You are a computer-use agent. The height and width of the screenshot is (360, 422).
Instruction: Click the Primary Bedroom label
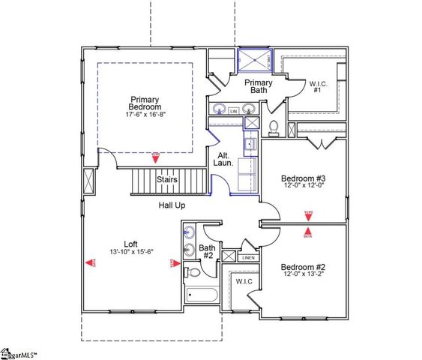click(145, 103)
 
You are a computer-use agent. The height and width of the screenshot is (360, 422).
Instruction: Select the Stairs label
click(166, 180)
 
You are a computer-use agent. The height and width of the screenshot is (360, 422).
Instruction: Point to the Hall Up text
click(172, 205)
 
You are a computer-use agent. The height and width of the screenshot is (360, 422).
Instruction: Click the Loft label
click(131, 244)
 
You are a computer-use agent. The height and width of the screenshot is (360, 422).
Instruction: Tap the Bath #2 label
click(208, 251)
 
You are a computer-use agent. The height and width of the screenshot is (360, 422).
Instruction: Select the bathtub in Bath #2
click(200, 295)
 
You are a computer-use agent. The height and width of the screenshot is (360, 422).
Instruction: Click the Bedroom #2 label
click(302, 267)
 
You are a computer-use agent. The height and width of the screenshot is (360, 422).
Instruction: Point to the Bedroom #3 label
click(303, 178)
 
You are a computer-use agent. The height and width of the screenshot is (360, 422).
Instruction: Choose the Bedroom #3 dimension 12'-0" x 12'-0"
click(303, 187)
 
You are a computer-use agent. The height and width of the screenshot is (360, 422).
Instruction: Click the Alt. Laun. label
click(224, 158)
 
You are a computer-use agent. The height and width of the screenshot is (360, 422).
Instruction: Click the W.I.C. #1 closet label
click(316, 87)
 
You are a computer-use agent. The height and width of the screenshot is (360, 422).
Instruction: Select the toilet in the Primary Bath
click(274, 127)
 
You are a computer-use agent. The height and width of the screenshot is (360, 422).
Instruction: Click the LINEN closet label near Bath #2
click(248, 258)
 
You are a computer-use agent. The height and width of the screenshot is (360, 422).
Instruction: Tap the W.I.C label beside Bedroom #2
click(244, 281)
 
